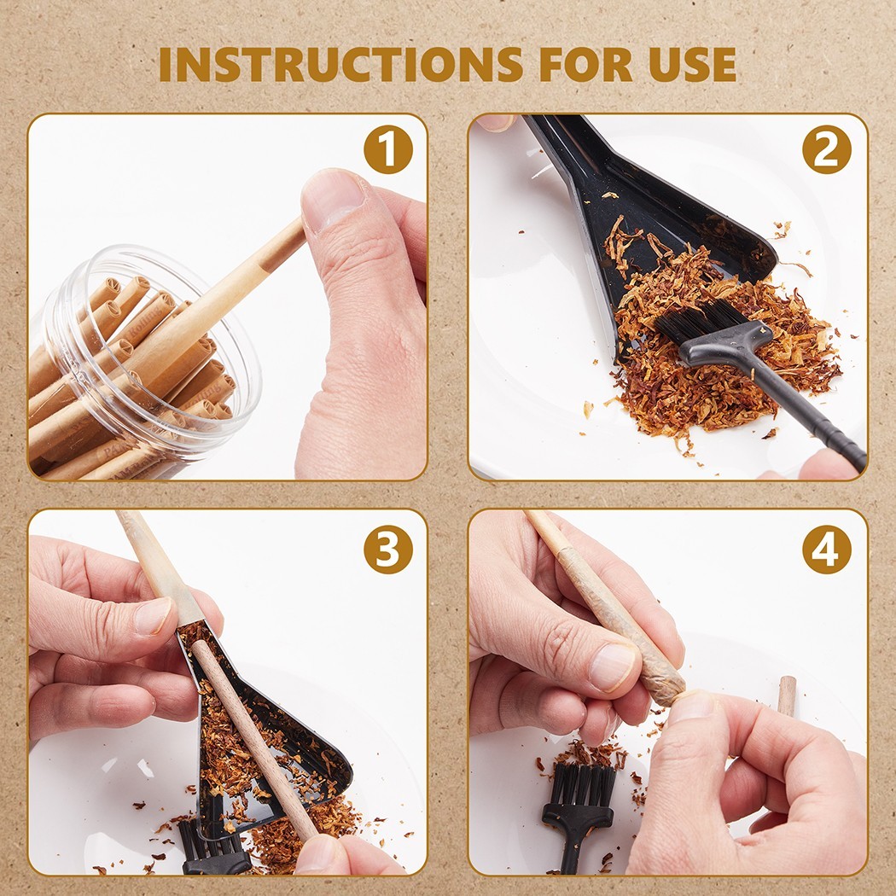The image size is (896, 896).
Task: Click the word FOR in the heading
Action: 585,64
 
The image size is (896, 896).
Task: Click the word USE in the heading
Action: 693,64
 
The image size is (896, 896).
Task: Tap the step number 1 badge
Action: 388,149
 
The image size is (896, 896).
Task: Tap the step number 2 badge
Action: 826,149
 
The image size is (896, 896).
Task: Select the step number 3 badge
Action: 388,550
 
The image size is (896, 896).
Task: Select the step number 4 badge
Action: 826,550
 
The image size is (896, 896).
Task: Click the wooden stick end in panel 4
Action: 787,695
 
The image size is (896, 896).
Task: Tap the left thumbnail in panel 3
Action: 152,616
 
